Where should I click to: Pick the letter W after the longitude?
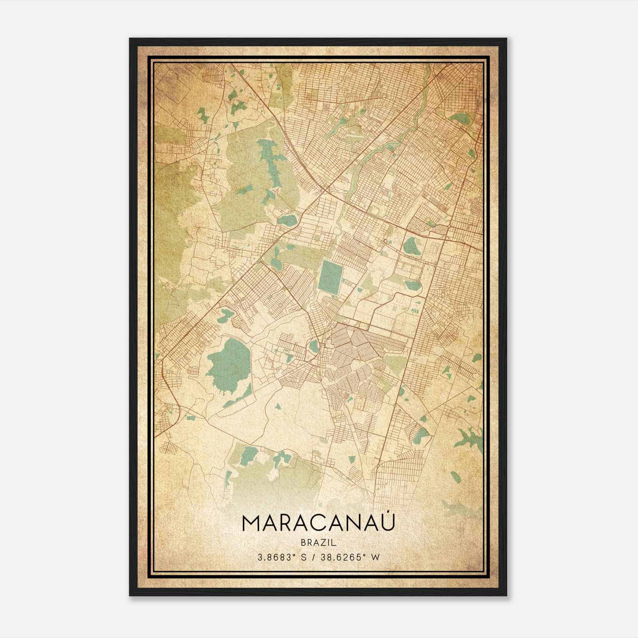374,557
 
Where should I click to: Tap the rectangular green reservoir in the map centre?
331,278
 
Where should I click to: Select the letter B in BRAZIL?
302,543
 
